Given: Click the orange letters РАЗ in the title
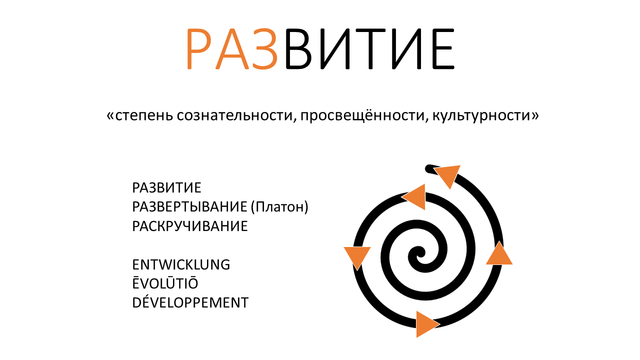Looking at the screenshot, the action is tap(231, 49).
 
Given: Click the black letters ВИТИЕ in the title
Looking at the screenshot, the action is tap(369, 49).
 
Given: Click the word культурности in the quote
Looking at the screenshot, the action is tap(481, 116).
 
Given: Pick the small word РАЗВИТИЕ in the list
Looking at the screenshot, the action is tap(166, 187).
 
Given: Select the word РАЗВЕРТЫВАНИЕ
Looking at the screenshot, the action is tap(189, 207).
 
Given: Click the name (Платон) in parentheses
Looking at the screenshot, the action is tap(279, 207).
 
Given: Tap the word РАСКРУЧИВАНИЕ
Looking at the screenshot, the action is tap(189, 226).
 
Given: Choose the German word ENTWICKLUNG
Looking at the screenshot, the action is tap(181, 264).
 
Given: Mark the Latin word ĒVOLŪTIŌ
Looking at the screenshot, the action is tap(165, 283).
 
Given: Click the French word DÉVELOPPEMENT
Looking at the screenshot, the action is tap(190, 302).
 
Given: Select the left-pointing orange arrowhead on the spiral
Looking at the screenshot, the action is tap(415, 197).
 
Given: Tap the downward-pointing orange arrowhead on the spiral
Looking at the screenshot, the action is tap(357, 256).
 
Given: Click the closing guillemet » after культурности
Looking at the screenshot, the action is tap(534, 116).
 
